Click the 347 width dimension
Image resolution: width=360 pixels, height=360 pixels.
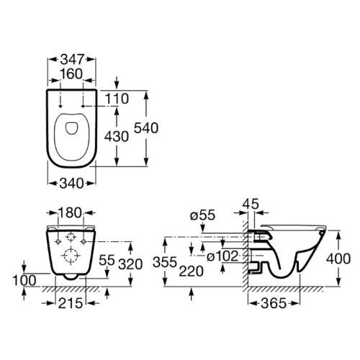coord(72,59)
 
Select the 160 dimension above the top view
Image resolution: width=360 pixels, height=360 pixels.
coord(71,73)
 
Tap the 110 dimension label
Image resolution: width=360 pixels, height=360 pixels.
coord(117,99)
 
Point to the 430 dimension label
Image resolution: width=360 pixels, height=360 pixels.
coord(117,137)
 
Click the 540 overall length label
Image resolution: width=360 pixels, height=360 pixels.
coord(146,127)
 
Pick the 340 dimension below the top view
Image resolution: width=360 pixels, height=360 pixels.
coord(71,184)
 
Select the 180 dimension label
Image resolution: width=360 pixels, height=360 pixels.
coord(70,212)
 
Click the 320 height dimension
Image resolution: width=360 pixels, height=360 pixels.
coord(130,264)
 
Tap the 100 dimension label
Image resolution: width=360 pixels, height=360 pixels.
coord(24,280)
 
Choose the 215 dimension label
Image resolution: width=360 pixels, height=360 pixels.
coord(71,303)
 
